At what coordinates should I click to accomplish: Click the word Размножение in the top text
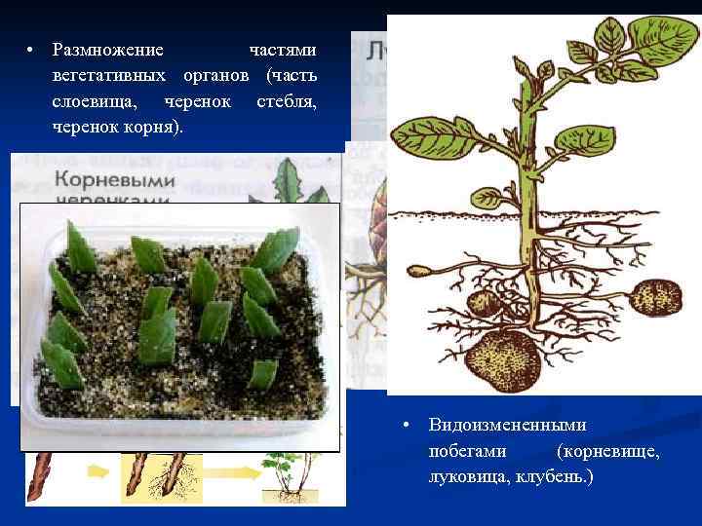pos(108,49)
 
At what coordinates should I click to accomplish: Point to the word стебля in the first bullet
pos(286,101)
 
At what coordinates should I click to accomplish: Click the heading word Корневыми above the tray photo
pos(115,180)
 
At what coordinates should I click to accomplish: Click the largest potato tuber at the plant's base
pos(503,355)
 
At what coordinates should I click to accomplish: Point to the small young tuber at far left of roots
pos(421,273)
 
